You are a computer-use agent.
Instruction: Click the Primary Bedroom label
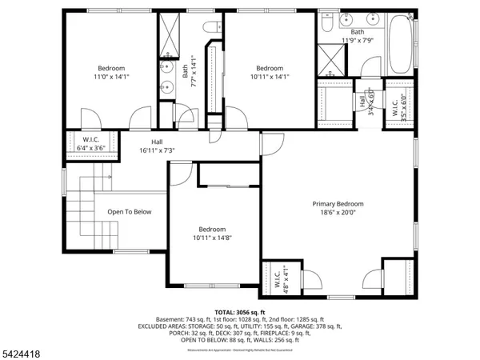338,204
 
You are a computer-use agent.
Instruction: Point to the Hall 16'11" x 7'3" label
141,145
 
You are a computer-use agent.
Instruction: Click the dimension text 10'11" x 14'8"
213,238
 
